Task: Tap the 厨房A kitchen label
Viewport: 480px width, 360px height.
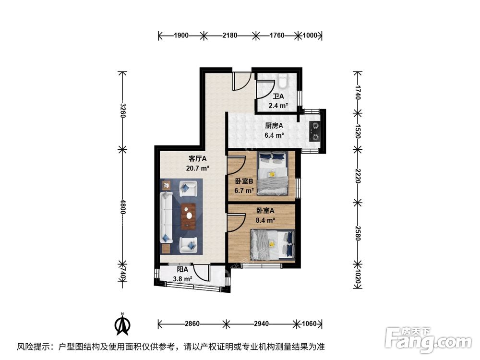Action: [x=274, y=126]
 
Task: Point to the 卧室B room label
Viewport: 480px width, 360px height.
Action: [x=244, y=181]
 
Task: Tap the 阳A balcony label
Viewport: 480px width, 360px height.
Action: [x=182, y=270]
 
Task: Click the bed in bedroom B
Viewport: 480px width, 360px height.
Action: [x=272, y=174]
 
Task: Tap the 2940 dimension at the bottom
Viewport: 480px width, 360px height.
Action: [x=261, y=324]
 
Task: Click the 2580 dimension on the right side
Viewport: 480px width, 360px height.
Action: [x=358, y=232]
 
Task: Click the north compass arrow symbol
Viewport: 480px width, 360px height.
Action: [x=123, y=325]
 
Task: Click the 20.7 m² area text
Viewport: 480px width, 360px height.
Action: [x=198, y=168]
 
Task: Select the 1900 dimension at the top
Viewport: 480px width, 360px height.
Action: [x=181, y=35]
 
